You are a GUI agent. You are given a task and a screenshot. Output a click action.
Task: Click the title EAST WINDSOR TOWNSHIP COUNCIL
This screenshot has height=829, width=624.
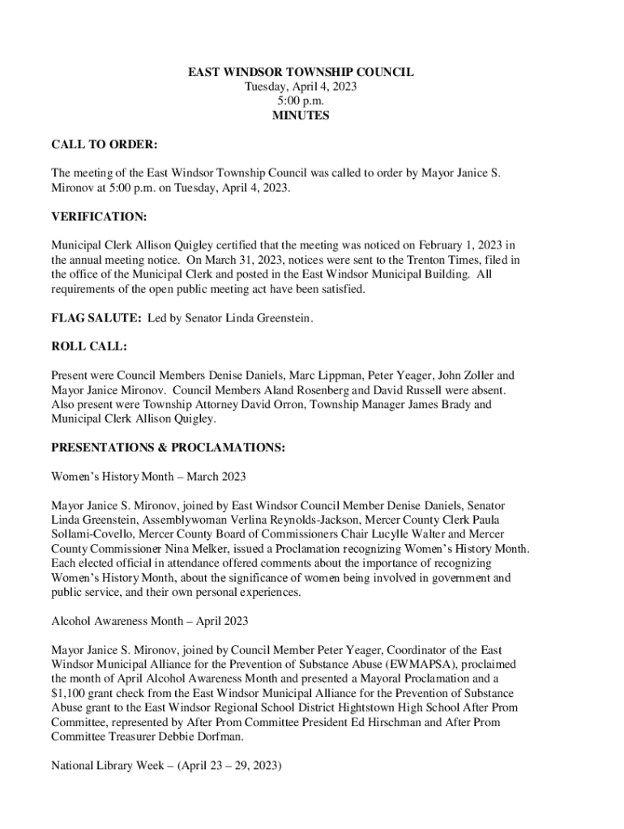[x=301, y=72]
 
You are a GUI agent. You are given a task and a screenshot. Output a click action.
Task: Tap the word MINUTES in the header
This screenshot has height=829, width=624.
[x=301, y=116]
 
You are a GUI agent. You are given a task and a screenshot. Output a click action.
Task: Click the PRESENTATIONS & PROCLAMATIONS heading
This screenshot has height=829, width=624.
[x=168, y=447]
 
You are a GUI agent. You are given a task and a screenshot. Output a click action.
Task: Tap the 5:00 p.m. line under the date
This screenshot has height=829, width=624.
[x=301, y=101]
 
